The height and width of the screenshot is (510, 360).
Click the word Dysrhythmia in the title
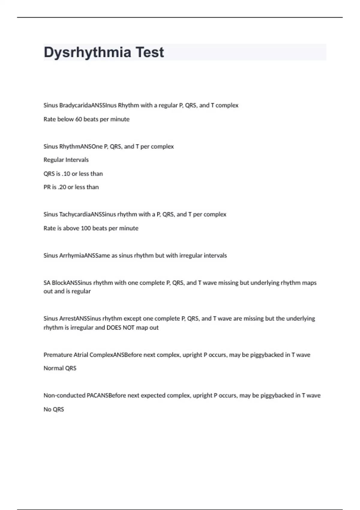87,52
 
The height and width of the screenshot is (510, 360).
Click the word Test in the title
150,52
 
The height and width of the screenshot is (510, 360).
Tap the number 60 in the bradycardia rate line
78,119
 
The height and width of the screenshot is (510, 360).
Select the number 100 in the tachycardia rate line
86,228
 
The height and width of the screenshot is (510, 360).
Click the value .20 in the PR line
62,187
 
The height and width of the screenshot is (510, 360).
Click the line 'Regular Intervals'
66,160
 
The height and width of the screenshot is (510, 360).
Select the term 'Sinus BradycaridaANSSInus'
80,105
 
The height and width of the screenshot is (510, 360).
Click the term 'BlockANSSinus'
72,283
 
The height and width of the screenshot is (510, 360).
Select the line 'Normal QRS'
60,368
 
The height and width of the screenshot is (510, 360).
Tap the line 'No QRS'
54,409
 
